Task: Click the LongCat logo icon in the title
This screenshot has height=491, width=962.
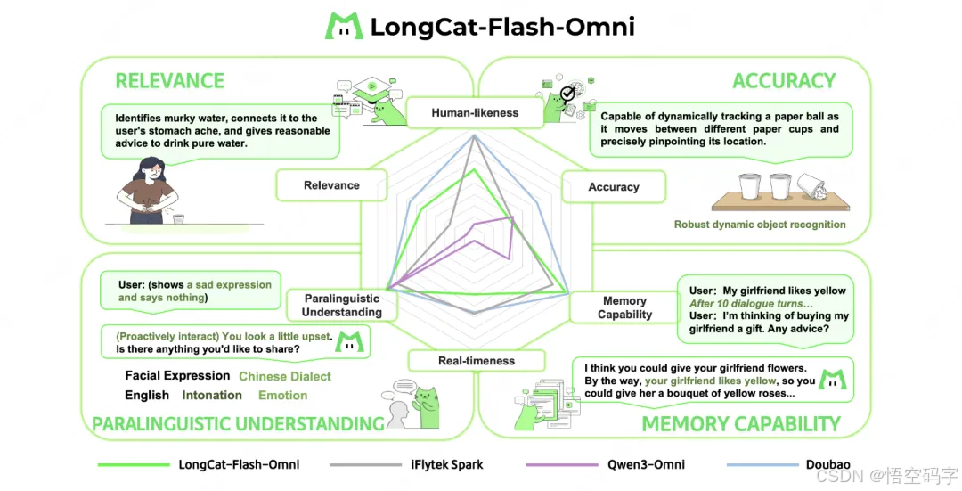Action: [344, 26]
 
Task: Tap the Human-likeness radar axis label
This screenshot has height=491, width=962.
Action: [474, 113]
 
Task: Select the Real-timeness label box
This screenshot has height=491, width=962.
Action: [476, 361]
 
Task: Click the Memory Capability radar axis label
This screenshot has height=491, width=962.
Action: [624, 307]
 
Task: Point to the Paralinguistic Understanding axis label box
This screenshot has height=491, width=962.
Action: [341, 305]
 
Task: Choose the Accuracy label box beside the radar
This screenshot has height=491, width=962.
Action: [613, 187]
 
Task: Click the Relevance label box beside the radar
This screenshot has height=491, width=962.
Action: [331, 185]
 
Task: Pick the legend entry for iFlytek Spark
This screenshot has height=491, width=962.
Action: [446, 464]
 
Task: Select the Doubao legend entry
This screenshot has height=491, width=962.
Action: [828, 464]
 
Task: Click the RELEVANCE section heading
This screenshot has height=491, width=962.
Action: [169, 81]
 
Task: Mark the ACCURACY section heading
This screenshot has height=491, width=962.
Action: [784, 81]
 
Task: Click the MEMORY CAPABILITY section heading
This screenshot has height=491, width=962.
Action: [741, 423]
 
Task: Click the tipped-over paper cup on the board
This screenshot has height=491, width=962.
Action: [812, 185]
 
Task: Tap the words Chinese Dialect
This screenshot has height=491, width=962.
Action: [285, 377]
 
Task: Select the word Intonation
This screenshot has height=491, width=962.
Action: [212, 396]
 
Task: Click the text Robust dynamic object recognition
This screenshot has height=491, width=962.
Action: [760, 225]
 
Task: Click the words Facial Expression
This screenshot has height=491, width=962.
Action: [177, 376]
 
